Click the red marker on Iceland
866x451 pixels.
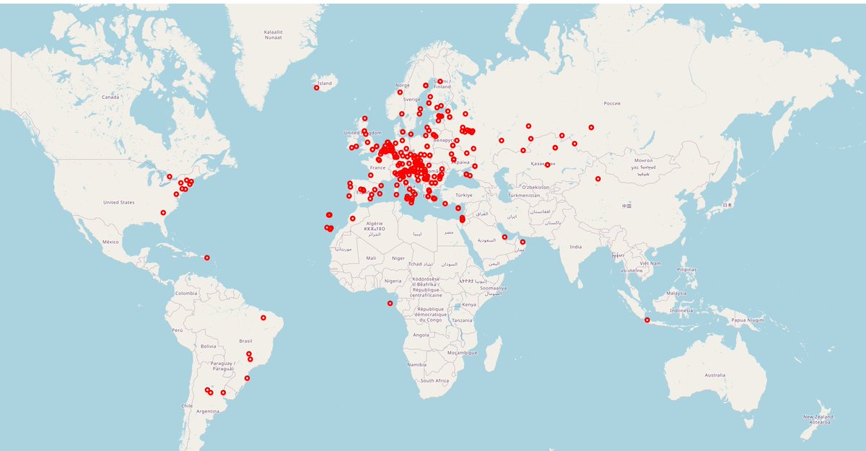pos(316,87)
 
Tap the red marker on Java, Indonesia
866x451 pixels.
pos(647,320)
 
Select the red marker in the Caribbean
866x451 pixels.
pos(206,258)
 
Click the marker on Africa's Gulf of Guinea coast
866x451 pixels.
pos(390,302)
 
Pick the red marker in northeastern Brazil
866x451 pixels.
pos(263,316)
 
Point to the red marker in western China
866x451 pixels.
pos(598,178)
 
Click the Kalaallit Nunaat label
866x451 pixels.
pos(273,34)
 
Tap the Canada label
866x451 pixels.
pos(110,97)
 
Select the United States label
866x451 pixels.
pos(118,203)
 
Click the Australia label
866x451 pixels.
pos(714,375)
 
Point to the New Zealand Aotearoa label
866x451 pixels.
pos(818,419)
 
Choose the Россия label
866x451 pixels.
pos(611,103)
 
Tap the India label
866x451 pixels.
pos(575,247)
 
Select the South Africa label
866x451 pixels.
pos(435,380)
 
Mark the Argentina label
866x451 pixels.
pos(207,411)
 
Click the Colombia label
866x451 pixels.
pos(185,293)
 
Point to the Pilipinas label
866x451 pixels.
pos(686,269)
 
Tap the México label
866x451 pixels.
pos(110,242)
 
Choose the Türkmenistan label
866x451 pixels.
pos(524,196)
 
